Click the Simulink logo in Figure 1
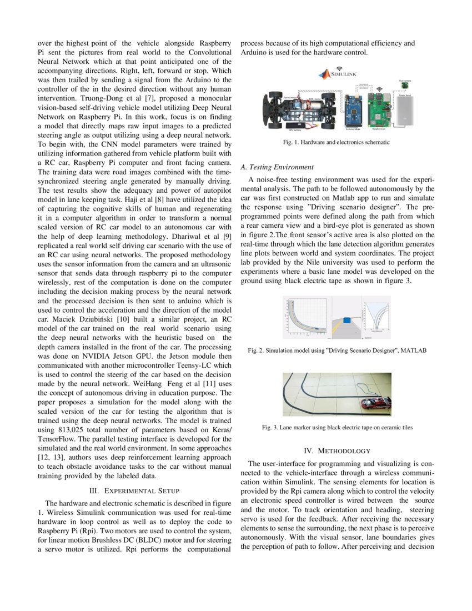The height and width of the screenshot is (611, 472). pyautogui.click(x=338, y=74)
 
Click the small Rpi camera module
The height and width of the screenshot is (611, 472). pyautogui.click(x=405, y=86)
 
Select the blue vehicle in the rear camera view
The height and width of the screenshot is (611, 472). pyautogui.click(x=347, y=319)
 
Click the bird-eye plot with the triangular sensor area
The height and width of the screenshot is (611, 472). pyautogui.click(x=376, y=317)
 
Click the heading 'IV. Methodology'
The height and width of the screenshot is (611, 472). pyautogui.click(x=337, y=450)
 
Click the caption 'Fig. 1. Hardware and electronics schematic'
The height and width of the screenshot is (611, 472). pyautogui.click(x=337, y=143)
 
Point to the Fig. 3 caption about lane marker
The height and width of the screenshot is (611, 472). pyautogui.click(x=337, y=427)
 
